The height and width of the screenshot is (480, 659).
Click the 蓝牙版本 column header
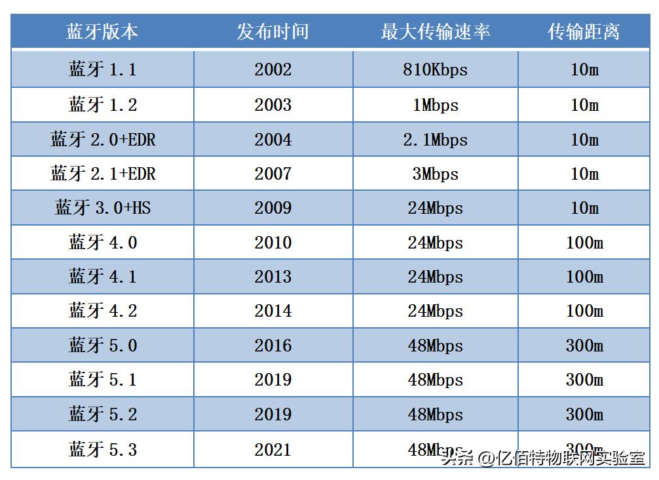point(102,31)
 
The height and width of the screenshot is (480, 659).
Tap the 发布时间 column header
point(273,31)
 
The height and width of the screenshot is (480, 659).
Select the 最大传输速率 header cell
point(435,31)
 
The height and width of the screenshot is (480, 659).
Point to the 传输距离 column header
point(584,31)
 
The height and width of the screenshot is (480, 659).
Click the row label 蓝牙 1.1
point(102,70)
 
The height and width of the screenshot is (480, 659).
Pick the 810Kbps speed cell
point(435,70)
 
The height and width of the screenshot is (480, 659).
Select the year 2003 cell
point(273,105)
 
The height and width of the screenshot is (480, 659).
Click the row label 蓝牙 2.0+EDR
point(102,140)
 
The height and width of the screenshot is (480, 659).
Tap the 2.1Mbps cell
point(435,140)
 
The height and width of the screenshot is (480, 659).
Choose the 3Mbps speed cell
point(435,174)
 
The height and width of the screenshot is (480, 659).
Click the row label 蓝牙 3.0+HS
point(102,208)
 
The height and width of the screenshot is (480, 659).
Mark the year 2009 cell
point(273,208)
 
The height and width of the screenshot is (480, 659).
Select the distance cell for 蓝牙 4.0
point(584,243)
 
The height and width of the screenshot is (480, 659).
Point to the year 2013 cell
point(273,277)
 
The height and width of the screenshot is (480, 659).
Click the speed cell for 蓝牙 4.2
point(435,311)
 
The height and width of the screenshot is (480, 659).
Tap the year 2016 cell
point(273,346)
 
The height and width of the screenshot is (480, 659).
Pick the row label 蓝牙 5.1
point(102,380)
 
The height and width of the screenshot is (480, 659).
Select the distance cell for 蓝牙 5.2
point(584,414)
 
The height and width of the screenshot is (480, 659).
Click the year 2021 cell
point(273,450)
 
